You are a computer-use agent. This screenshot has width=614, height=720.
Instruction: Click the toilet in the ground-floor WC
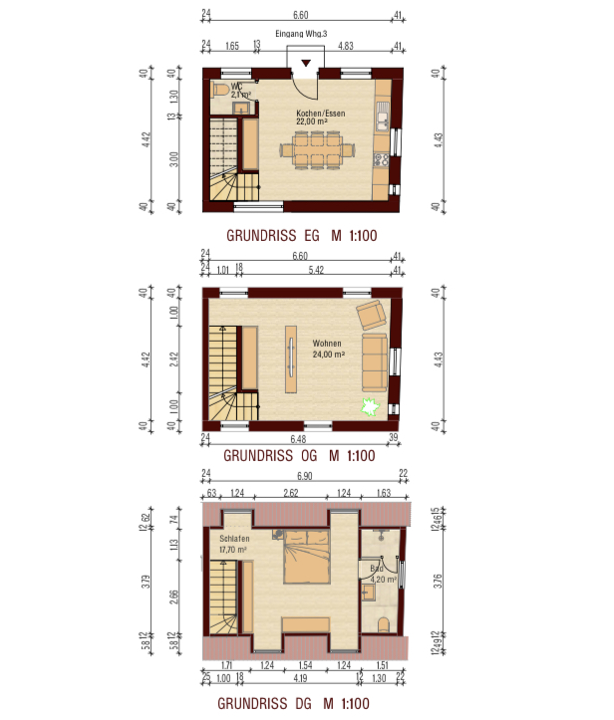220,90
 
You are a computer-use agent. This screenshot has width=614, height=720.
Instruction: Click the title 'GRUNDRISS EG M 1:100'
300,237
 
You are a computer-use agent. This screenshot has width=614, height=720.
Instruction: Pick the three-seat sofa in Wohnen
375,361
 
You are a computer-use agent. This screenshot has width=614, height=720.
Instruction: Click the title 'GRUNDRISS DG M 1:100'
300,704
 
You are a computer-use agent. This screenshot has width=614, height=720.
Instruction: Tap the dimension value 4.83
347,46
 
